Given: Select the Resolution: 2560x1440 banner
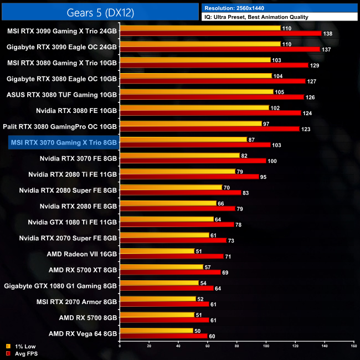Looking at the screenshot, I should click(280, 8).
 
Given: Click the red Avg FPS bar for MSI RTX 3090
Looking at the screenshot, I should click(220, 34).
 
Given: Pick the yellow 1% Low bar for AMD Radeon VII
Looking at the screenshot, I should click(157, 251).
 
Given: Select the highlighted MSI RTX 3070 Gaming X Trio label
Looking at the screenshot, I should click(64, 142).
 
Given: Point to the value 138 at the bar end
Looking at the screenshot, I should click(328, 34).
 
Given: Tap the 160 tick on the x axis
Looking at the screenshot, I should click(353, 346).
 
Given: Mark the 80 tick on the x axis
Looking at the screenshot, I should click(236, 346).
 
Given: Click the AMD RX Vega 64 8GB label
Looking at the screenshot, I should click(83, 334).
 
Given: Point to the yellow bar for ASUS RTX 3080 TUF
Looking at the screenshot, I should click(196, 91).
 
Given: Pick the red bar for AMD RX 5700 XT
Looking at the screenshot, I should click(170, 273).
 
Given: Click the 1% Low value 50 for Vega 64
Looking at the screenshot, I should click(198, 331).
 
